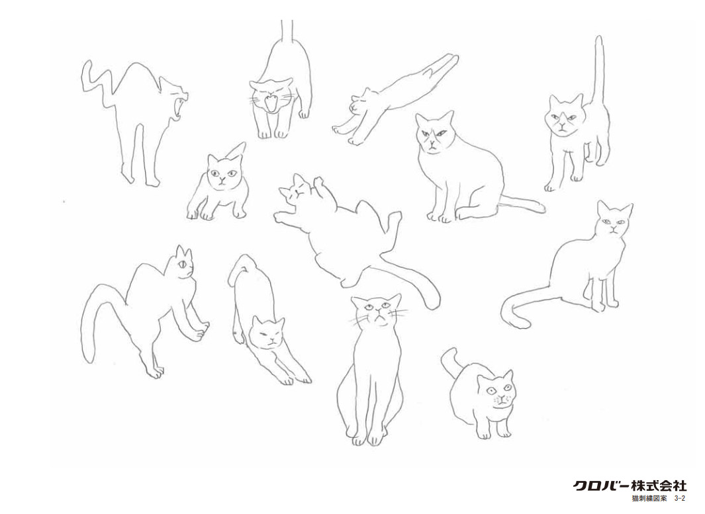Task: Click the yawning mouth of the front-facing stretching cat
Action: click(271, 103)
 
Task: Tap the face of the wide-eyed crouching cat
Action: click(495, 391)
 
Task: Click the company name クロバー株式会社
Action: click(630, 486)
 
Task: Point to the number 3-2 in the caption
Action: click(679, 498)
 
